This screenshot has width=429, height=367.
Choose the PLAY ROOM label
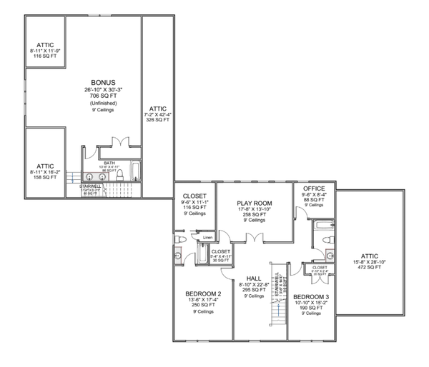[x=255, y=203]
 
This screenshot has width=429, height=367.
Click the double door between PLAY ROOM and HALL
[x=255, y=238]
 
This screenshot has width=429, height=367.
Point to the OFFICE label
[x=314, y=188]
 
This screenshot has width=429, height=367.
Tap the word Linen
[x=208, y=237]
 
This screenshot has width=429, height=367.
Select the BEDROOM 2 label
[x=202, y=294]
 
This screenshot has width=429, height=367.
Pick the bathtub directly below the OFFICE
[x=318, y=233]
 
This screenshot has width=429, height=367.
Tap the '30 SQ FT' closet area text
[x=221, y=260]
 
